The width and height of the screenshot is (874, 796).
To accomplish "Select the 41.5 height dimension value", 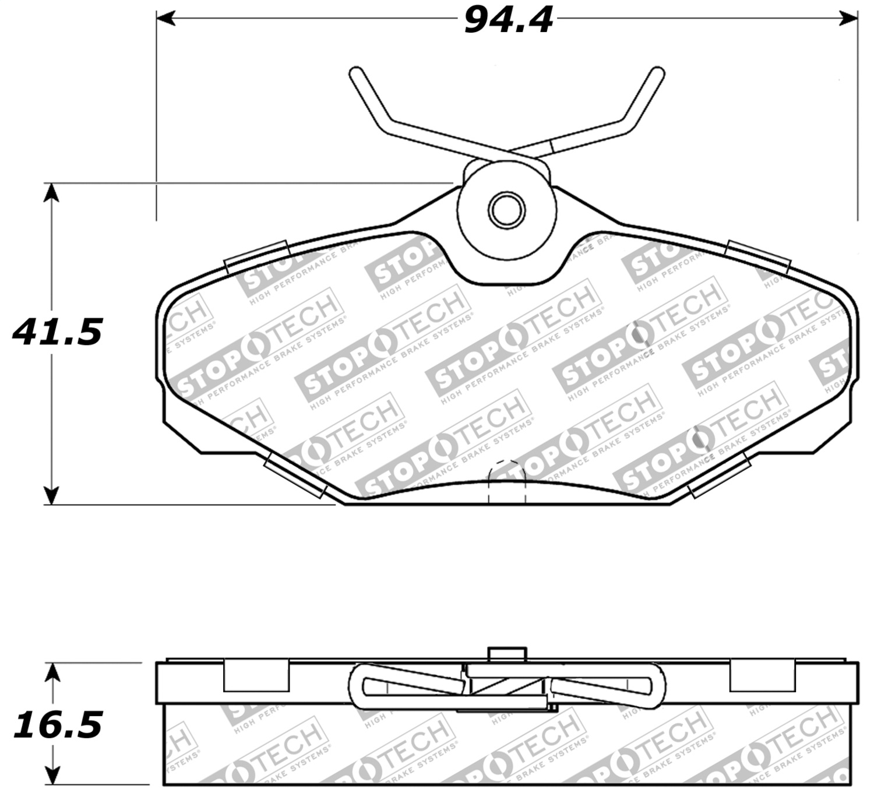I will tap(57, 332).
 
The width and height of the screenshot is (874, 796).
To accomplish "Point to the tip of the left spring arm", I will tap(355, 73).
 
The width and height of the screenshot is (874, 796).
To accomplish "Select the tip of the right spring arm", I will tap(658, 73).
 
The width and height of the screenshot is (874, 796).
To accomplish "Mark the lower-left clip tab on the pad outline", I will tap(296, 477).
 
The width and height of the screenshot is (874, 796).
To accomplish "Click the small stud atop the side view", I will tap(506, 654).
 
